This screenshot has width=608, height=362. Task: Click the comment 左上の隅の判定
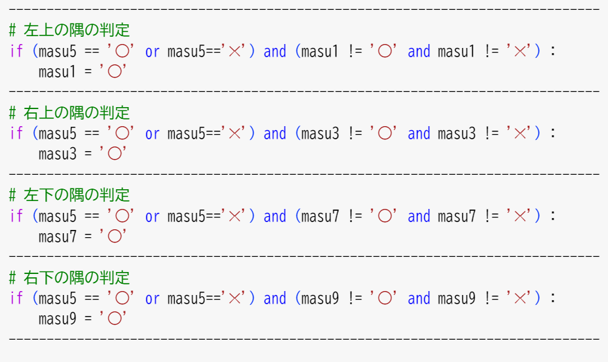point(76,30)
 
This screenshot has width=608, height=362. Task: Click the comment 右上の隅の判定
point(76,112)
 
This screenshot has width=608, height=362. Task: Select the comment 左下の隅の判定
point(76,194)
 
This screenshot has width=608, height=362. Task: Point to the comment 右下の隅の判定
point(76,277)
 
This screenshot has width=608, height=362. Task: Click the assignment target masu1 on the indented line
point(57,72)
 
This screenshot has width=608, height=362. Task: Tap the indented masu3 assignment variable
point(57,154)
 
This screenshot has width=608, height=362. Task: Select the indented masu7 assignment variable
point(57,237)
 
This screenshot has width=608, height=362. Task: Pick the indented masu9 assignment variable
point(57,319)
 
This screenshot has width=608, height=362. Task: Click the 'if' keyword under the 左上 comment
point(16,51)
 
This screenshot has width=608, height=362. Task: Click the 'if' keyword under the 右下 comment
point(16,298)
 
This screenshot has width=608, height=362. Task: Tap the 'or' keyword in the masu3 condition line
point(152,134)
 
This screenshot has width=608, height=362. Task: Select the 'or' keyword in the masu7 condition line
point(152,217)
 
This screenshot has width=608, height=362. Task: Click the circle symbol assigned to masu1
point(114,72)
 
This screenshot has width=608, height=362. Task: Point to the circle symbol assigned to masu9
point(114,319)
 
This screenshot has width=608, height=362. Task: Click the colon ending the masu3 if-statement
point(553,134)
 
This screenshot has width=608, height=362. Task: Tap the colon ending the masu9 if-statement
point(553,299)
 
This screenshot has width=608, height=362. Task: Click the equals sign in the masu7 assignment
point(88,237)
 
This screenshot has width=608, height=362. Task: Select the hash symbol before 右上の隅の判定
point(12,113)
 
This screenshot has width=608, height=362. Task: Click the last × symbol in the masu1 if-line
point(520,51)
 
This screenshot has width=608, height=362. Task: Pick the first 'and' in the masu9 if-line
point(275,298)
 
